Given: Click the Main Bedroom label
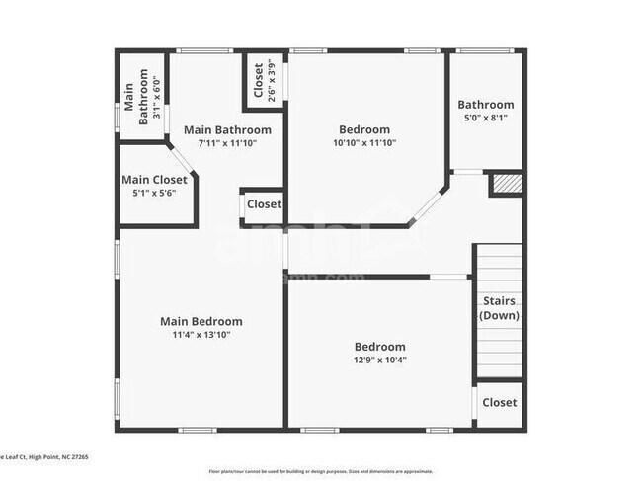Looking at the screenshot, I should pos(201,321).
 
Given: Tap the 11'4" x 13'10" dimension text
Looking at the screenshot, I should pos(201,335).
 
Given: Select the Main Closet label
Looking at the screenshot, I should pos(154,180).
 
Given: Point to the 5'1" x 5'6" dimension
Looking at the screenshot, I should pos(154,194).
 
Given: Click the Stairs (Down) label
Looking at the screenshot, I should pos(500,308).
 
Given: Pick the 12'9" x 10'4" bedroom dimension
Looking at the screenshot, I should pos(380,361).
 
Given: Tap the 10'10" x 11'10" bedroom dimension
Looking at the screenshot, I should pos(364,143).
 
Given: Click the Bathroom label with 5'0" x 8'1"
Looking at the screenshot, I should pos(485,105).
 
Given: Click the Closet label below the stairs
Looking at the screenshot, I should pos(500,403).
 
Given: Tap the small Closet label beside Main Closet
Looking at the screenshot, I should pos(264,204).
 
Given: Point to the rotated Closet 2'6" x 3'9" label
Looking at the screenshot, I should pos(265,82).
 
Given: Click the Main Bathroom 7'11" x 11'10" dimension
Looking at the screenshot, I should pos(227,143).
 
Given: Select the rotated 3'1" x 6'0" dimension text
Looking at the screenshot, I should pos(156,97).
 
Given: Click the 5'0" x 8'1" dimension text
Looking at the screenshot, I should pos(485,119).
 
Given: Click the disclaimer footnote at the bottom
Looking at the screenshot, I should pos(320,470).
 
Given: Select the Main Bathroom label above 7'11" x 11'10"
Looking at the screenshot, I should pos(227,129).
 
